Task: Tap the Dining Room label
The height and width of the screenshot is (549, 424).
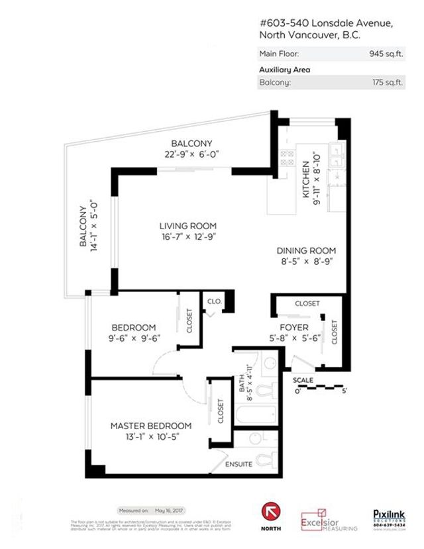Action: (x=306, y=251)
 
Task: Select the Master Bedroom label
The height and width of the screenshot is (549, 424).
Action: (x=150, y=426)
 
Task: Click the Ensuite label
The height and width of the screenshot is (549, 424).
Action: (x=238, y=464)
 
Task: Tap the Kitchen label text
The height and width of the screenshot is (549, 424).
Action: (x=306, y=179)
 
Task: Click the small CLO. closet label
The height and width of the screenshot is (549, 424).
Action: (x=214, y=301)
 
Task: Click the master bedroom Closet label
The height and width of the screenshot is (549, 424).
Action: (x=220, y=411)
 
